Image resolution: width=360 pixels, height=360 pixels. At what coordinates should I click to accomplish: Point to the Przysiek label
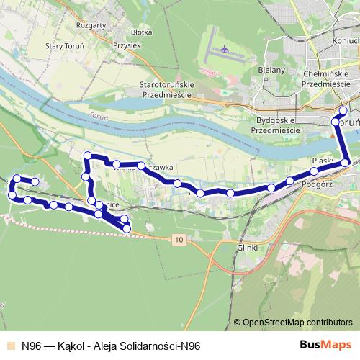click(x=127, y=44)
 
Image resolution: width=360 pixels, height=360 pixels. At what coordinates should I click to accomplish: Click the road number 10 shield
click(x=179, y=239)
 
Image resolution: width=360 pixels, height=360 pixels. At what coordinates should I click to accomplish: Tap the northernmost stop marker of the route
click(x=343, y=110)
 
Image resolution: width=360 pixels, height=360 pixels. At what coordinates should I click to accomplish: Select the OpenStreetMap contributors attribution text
click(x=298, y=323)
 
